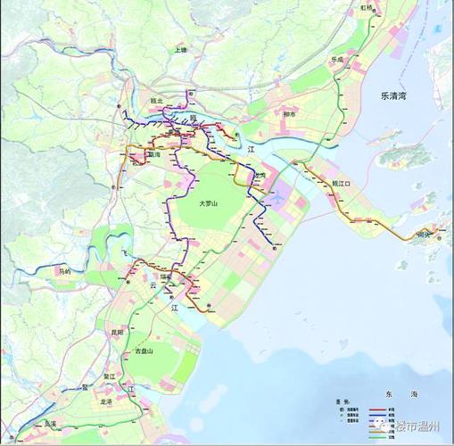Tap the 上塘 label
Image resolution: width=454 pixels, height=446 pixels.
182,50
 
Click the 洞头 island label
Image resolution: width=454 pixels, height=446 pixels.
422,235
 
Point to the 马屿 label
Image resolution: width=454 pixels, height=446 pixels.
63,270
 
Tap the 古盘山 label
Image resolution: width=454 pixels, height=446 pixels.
144,351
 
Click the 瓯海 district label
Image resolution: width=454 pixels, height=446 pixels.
154,154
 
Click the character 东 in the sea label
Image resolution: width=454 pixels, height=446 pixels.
390,393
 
